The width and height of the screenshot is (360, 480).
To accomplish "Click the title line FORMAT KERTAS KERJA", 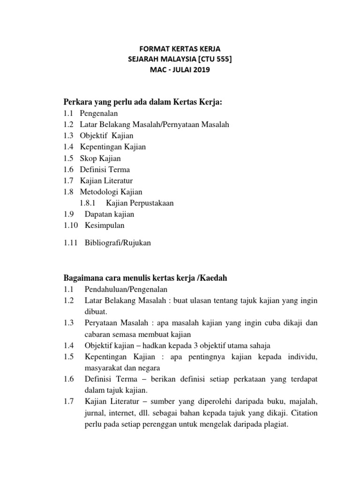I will (x=180, y=49).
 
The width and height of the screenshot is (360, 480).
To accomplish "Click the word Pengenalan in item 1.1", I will (x=99, y=113).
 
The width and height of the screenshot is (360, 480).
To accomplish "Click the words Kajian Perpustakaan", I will (x=140, y=203).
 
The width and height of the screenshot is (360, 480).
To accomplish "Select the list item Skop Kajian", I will (x=100, y=158).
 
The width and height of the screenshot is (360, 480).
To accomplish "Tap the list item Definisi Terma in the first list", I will (x=105, y=169).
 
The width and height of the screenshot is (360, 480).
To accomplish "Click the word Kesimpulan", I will (x=105, y=225).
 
